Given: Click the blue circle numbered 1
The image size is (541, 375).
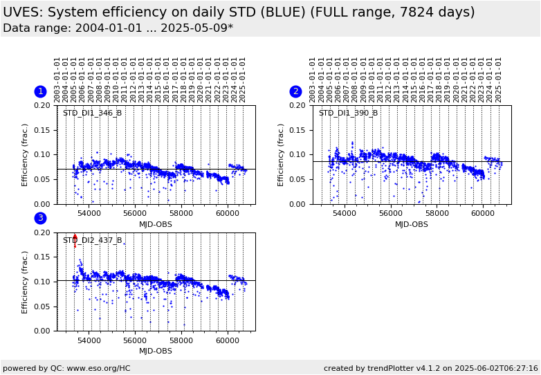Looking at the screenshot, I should pos(40,91).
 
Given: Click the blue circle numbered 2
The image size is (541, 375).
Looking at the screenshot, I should pos(295,91).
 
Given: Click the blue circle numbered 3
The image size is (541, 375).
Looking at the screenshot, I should pos(40,218).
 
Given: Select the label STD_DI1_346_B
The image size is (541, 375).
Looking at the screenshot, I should pos(92,113).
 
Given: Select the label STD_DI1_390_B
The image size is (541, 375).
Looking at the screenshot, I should pos(348,113).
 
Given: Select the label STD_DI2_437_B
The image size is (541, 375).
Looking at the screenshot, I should pos(92,241).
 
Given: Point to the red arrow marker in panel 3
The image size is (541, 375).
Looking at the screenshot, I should pos(75,239).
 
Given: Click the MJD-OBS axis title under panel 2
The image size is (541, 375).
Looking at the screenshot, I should pos(412,224).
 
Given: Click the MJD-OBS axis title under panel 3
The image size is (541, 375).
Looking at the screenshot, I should pos(156,351).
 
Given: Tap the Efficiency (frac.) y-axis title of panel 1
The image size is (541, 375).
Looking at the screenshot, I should pos(25,155).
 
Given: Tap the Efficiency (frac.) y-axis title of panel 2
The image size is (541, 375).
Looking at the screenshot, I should pos(281,155).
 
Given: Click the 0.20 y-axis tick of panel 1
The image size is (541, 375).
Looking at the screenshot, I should pos(44,105).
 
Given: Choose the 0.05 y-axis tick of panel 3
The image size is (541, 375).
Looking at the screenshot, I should pos(44,307).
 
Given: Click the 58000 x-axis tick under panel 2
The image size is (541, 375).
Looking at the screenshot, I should pos(437,214).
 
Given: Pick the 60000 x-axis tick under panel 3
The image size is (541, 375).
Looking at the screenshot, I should pos(227,340).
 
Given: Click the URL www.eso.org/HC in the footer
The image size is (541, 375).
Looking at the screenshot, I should pos(98,368).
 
